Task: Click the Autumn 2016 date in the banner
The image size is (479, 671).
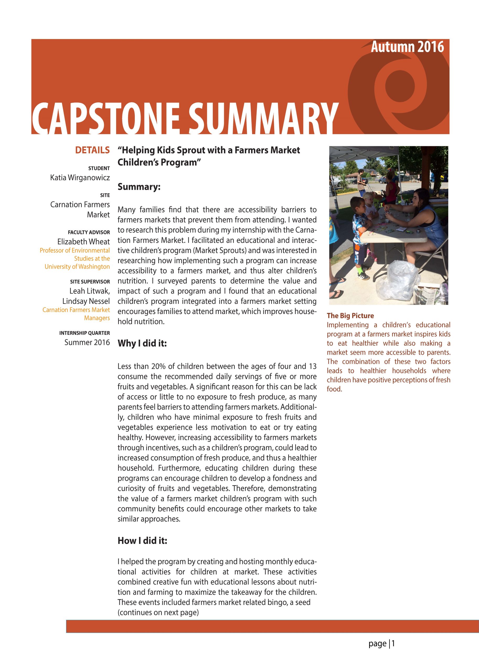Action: coord(407,47)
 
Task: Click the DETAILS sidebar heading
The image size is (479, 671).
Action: coord(92,150)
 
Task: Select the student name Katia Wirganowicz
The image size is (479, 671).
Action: coord(80,178)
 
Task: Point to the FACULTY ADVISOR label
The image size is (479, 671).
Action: coord(89,232)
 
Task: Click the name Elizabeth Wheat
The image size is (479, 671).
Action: coord(83,242)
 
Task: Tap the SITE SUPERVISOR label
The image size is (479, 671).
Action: coord(90,282)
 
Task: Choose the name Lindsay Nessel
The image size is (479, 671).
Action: coord(86,301)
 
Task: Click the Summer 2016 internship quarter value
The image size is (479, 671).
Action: coord(87,342)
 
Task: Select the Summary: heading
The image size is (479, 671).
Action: coord(139,187)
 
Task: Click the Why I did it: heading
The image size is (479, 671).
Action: coord(142,343)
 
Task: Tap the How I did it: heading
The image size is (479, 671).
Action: coord(142,540)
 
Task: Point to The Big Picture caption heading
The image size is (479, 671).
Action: coord(350,316)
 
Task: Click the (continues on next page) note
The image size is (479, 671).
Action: coord(158,612)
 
